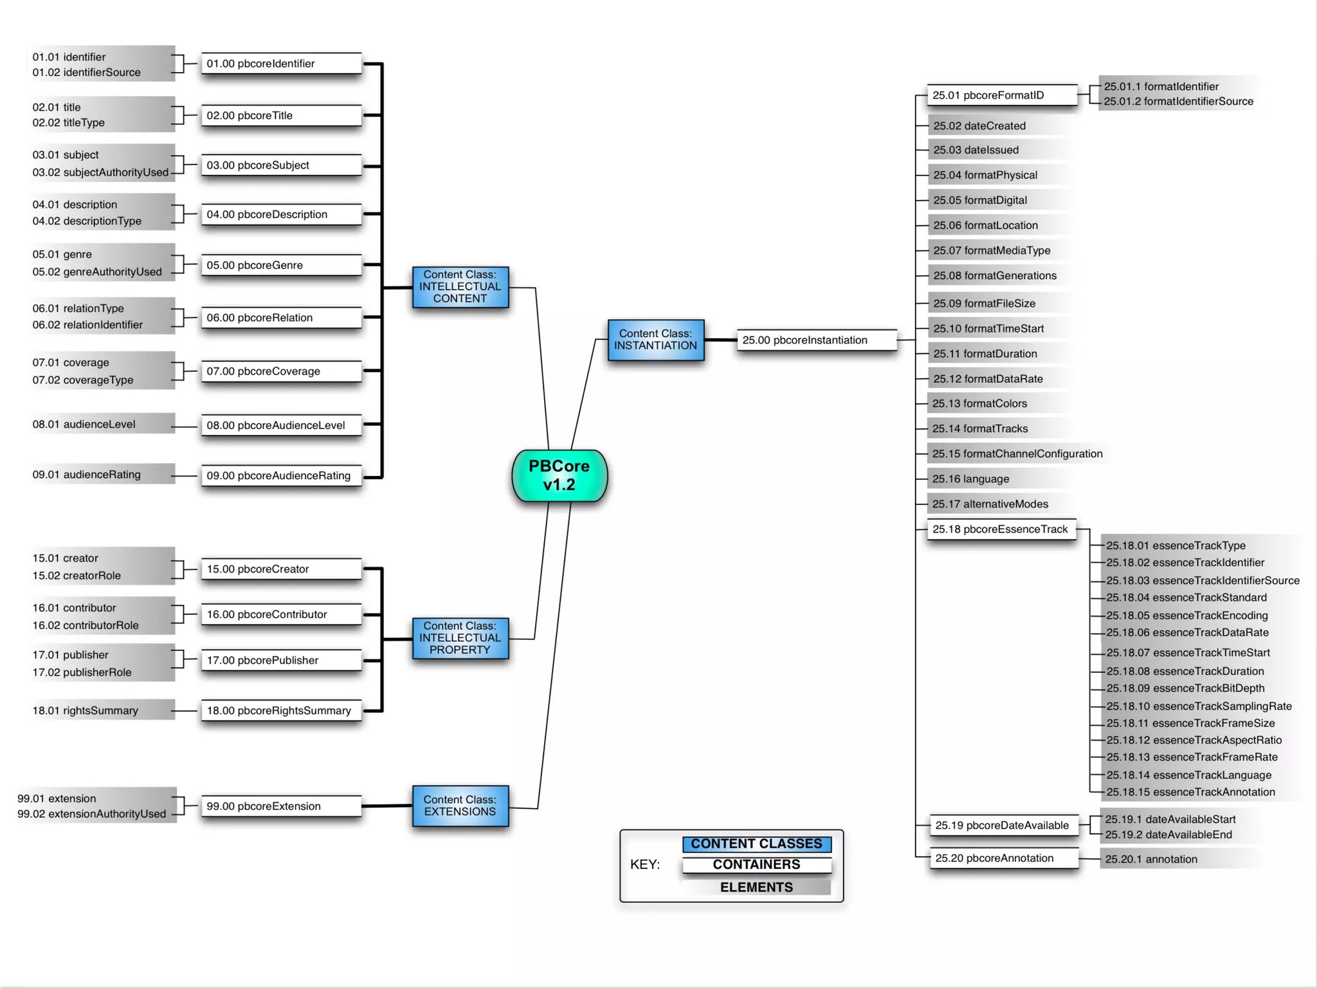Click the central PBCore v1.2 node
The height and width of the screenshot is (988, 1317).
point(559,475)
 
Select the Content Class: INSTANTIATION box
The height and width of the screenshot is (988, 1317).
point(655,340)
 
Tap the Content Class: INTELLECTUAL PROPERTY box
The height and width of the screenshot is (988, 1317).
point(460,637)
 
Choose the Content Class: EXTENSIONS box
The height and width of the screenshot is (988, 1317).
point(460,805)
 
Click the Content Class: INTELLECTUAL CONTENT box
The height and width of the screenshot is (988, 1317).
point(460,286)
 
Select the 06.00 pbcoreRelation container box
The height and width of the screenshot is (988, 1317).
point(281,317)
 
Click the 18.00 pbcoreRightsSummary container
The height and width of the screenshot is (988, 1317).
point(281,710)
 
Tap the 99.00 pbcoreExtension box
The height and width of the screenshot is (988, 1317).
point(281,806)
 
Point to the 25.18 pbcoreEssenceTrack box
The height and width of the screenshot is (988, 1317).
point(1001,529)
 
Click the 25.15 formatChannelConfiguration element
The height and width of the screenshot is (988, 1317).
point(1017,453)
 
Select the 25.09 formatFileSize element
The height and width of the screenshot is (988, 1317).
point(984,303)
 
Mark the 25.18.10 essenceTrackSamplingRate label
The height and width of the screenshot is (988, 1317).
point(1199,706)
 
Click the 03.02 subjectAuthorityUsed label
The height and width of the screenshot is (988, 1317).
point(100,172)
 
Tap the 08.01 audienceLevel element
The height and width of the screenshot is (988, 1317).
point(84,424)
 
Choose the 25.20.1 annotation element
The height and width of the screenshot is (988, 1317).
point(1151,859)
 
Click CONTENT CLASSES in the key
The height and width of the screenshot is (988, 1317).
point(756,843)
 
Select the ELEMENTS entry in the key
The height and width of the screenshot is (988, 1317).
point(756,887)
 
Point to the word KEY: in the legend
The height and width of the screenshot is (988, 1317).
point(645,864)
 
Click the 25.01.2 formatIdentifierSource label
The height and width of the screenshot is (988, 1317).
point(1178,101)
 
